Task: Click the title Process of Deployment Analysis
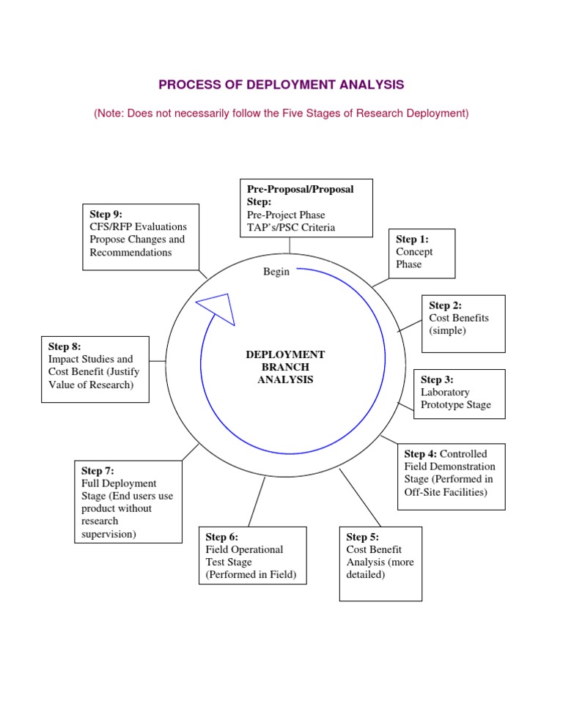pos(281,85)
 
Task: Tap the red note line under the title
pos(281,114)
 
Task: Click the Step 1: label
pos(412,239)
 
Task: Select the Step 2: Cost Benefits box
pos(463,324)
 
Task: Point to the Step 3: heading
pos(437,379)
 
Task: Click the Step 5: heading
pos(362,537)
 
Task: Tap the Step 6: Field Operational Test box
pos(252,554)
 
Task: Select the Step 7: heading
pos(97,471)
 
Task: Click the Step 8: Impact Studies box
pos(95,369)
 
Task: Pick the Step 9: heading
pos(106,214)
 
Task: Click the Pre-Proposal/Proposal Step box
pos(307,207)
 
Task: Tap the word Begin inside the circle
pos(276,272)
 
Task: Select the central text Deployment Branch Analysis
pos(285,367)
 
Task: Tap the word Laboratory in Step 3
pos(445,392)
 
